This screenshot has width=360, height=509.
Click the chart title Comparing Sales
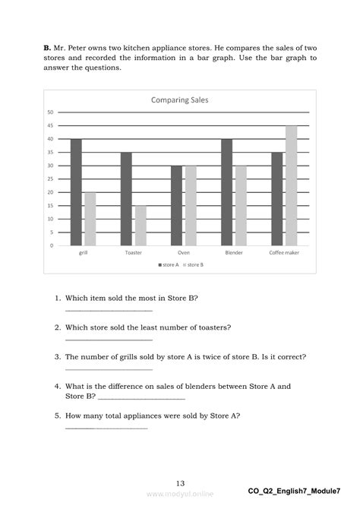coord(179,100)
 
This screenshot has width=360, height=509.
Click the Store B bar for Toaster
coord(141,226)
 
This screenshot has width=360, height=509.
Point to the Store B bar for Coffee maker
coord(291,186)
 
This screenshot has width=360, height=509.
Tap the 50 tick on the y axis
coord(50,112)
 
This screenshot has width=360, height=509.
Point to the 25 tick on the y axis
coord(50,179)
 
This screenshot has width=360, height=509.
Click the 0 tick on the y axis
coord(52,245)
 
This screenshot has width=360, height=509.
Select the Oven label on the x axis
coord(183,253)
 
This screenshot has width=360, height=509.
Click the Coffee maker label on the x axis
coord(283,253)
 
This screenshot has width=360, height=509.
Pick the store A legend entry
coord(168,264)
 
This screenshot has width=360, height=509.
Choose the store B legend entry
coord(194,264)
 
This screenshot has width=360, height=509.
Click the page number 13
coord(180,483)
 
